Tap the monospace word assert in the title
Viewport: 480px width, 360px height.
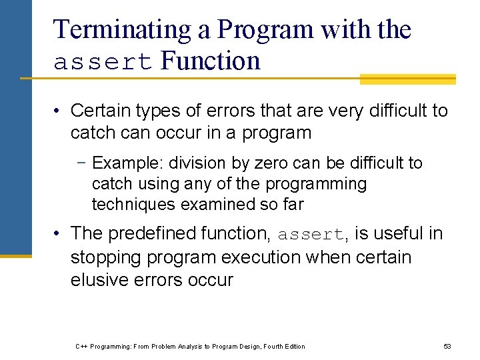(x=104, y=62)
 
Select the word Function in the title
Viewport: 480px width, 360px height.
(x=211, y=61)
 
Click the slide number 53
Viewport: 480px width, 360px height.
(x=447, y=346)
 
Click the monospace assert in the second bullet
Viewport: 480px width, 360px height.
(x=311, y=235)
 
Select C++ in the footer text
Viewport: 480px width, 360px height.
(x=81, y=346)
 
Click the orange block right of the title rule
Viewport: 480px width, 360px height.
(x=407, y=79)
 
